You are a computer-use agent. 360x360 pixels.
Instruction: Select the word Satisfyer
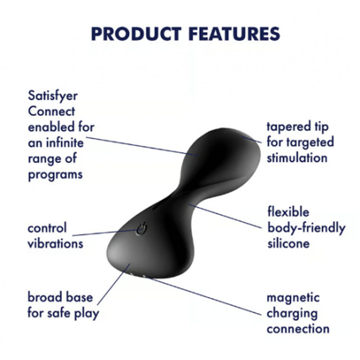pyautogui.click(x=53, y=96)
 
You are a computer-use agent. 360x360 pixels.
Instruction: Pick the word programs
pyautogui.click(x=55, y=175)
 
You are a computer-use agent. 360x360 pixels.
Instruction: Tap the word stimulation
pyautogui.click(x=297, y=158)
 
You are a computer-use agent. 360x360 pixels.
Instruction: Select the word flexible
pyautogui.click(x=288, y=212)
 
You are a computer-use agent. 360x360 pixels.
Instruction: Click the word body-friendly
pyautogui.click(x=306, y=228)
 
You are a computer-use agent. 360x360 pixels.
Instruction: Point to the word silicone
pyautogui.click(x=288, y=243)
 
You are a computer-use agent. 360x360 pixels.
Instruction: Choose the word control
pyautogui.click(x=47, y=228)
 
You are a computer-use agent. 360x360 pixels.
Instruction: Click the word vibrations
pyautogui.click(x=55, y=243)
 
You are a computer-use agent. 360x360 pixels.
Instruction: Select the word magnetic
pyautogui.click(x=293, y=298)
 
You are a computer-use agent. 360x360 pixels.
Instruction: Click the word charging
pyautogui.click(x=292, y=313)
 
